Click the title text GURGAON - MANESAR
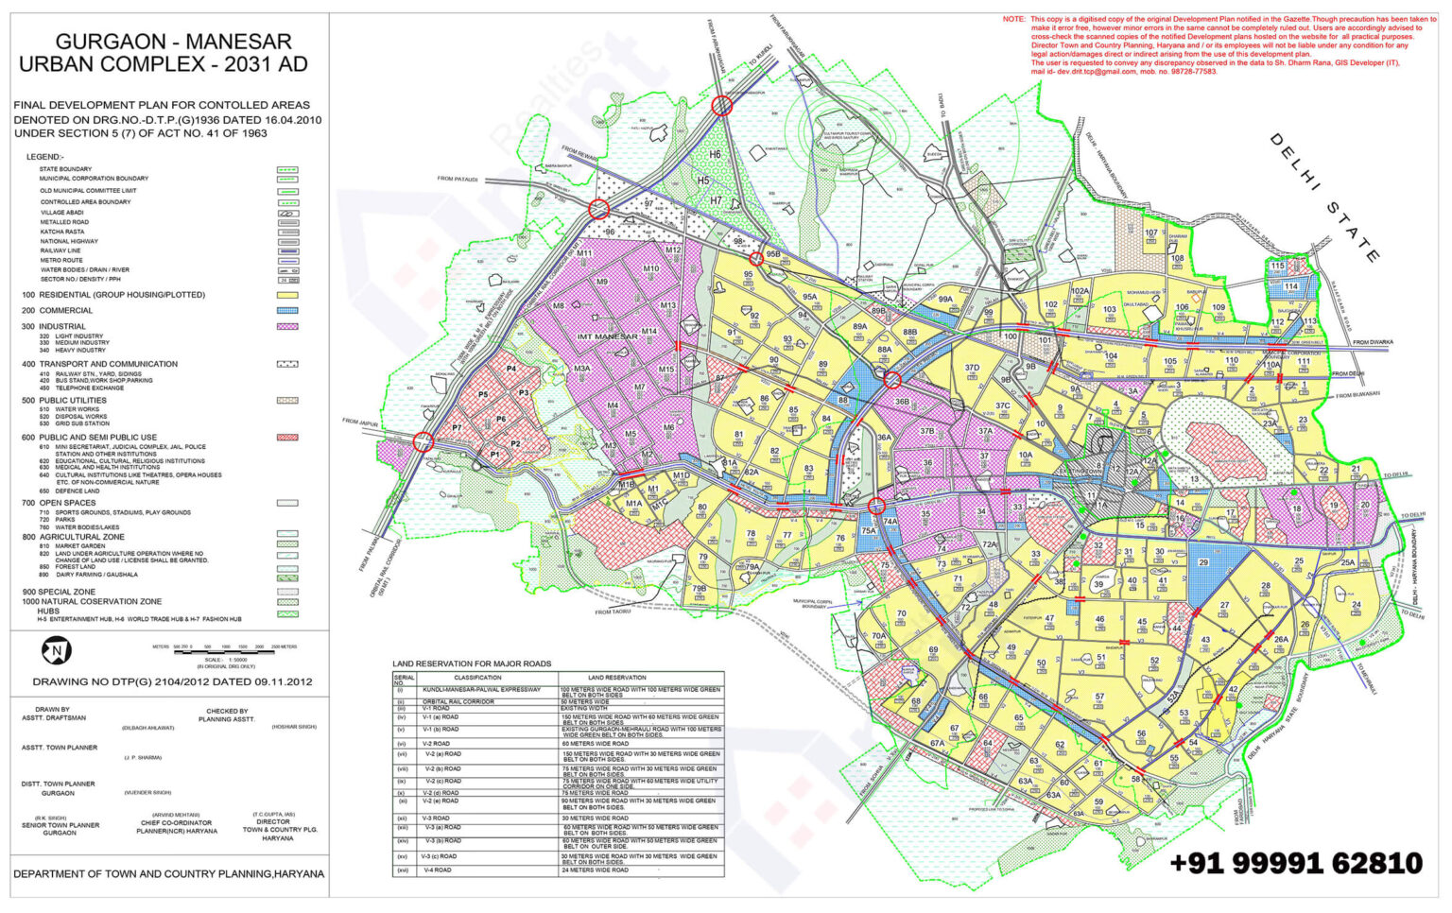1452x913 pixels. click(173, 42)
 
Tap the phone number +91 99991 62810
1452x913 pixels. click(1295, 863)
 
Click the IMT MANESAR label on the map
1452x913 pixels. click(607, 336)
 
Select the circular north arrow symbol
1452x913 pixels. click(56, 650)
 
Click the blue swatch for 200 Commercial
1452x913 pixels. click(287, 310)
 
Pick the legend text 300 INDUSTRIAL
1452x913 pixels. click(54, 326)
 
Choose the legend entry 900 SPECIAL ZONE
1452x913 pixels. click(59, 592)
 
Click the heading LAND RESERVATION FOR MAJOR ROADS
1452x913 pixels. click(472, 663)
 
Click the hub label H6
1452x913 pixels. click(715, 154)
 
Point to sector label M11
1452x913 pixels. click(584, 253)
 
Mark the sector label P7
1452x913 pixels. click(457, 428)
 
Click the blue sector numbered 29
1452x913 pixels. click(1203, 562)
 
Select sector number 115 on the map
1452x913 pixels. click(1277, 267)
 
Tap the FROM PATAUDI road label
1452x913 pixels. click(458, 179)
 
